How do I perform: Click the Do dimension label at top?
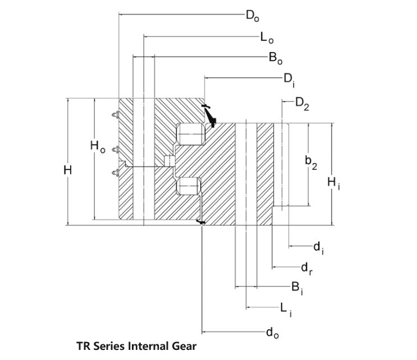(252, 16)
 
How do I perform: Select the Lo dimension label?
(267, 38)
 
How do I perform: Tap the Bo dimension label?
(275, 58)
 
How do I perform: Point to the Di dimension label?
(289, 80)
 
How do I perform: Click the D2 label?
(302, 104)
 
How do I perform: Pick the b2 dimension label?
(311, 163)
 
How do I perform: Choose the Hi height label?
(333, 183)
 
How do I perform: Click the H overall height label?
(67, 169)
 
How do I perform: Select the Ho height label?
(98, 147)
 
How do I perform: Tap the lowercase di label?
(318, 248)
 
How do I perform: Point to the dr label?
(306, 269)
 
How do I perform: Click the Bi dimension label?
(297, 288)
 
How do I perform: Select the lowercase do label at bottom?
(272, 333)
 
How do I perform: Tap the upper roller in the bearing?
(191, 134)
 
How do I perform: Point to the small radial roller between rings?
(169, 161)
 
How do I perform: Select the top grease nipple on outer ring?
(115, 114)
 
